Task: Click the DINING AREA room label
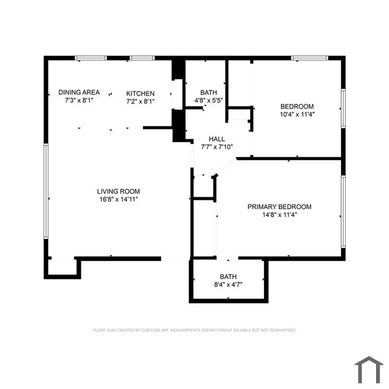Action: (x=79, y=92)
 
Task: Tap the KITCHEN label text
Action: (x=140, y=93)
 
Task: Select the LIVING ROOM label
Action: (x=118, y=191)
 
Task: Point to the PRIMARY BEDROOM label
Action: (x=280, y=207)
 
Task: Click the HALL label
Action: (x=217, y=139)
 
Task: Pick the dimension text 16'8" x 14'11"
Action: (x=118, y=199)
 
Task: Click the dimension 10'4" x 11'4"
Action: (x=297, y=114)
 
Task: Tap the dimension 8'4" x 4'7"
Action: (x=228, y=285)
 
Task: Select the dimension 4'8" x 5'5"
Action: (x=208, y=101)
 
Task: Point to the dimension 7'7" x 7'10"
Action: (x=217, y=147)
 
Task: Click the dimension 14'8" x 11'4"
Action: (x=280, y=215)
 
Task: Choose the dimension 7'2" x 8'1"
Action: (x=141, y=102)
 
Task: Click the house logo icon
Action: (x=369, y=370)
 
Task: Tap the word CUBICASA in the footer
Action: (x=151, y=330)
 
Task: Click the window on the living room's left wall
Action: (x=46, y=191)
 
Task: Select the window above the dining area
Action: (x=91, y=58)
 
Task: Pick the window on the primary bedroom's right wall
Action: (x=343, y=212)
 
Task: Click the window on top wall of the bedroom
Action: (x=310, y=58)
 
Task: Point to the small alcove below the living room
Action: (x=62, y=268)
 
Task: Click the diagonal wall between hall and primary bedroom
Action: (x=226, y=167)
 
